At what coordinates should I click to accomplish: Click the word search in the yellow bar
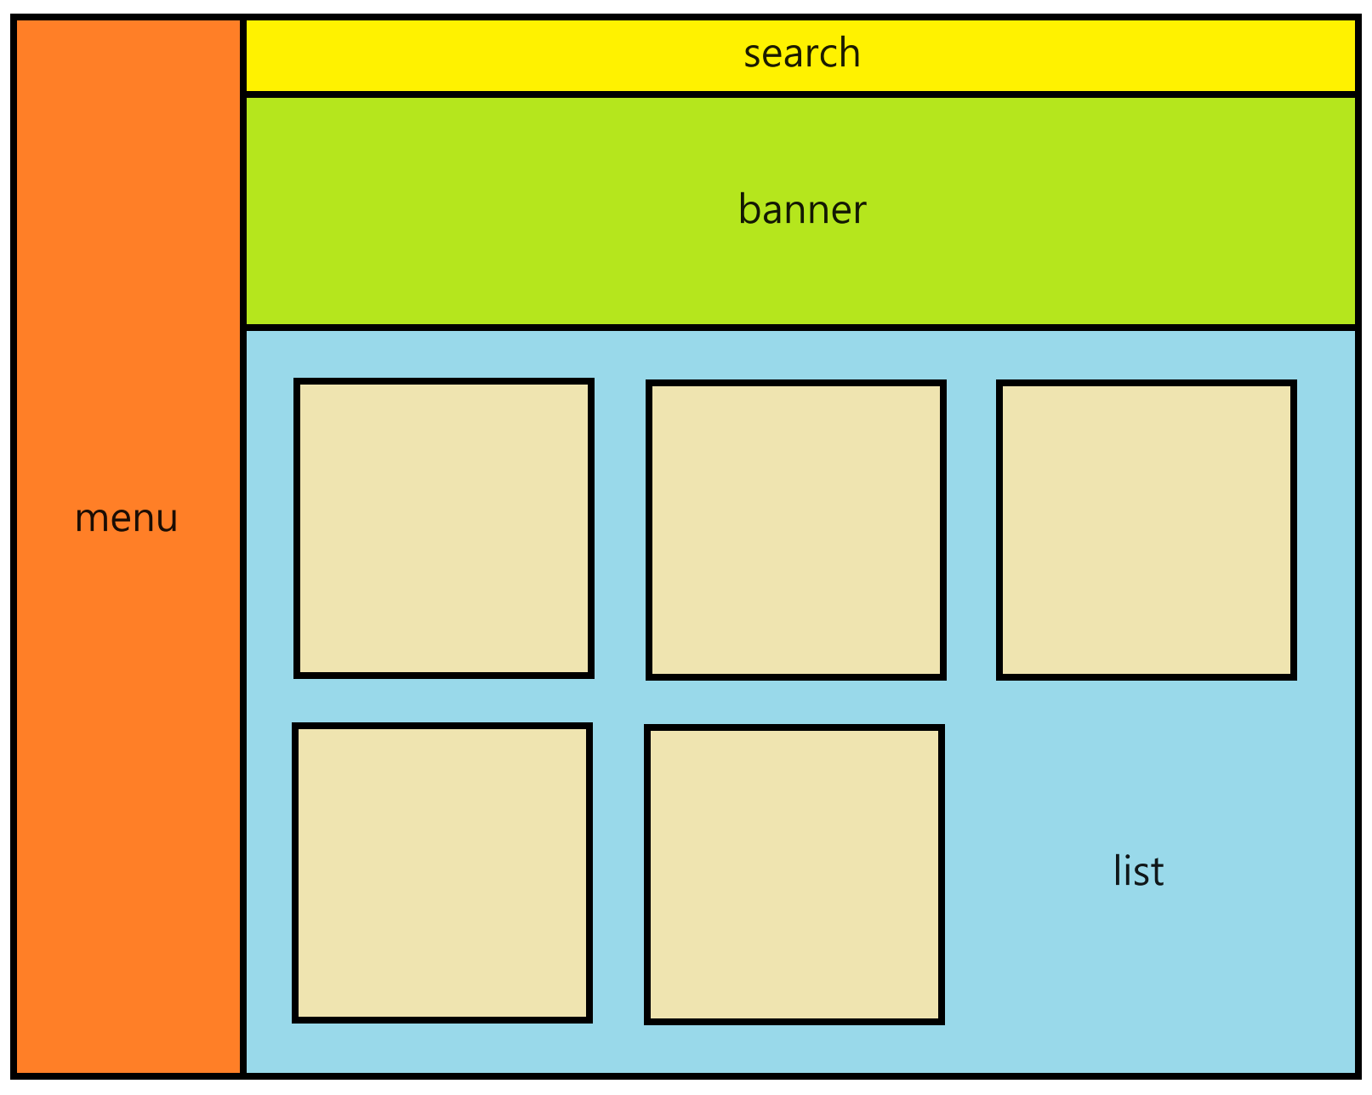[x=801, y=52]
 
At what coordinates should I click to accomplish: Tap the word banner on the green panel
[x=802, y=208]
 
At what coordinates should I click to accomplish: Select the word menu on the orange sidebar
[x=126, y=518]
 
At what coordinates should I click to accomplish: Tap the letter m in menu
[x=93, y=518]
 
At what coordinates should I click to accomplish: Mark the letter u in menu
[x=167, y=518]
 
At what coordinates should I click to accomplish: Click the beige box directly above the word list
[x=1146, y=530]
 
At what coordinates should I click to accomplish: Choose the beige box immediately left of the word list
[x=794, y=875]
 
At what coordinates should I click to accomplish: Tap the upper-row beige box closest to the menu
[x=444, y=528]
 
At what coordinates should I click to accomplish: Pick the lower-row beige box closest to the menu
[x=441, y=873]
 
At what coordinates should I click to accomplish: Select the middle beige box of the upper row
[x=795, y=530]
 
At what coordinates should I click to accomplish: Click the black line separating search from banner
[x=800, y=94]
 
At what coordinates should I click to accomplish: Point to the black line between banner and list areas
[x=800, y=328]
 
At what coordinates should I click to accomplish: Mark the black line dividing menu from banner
[x=243, y=210]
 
